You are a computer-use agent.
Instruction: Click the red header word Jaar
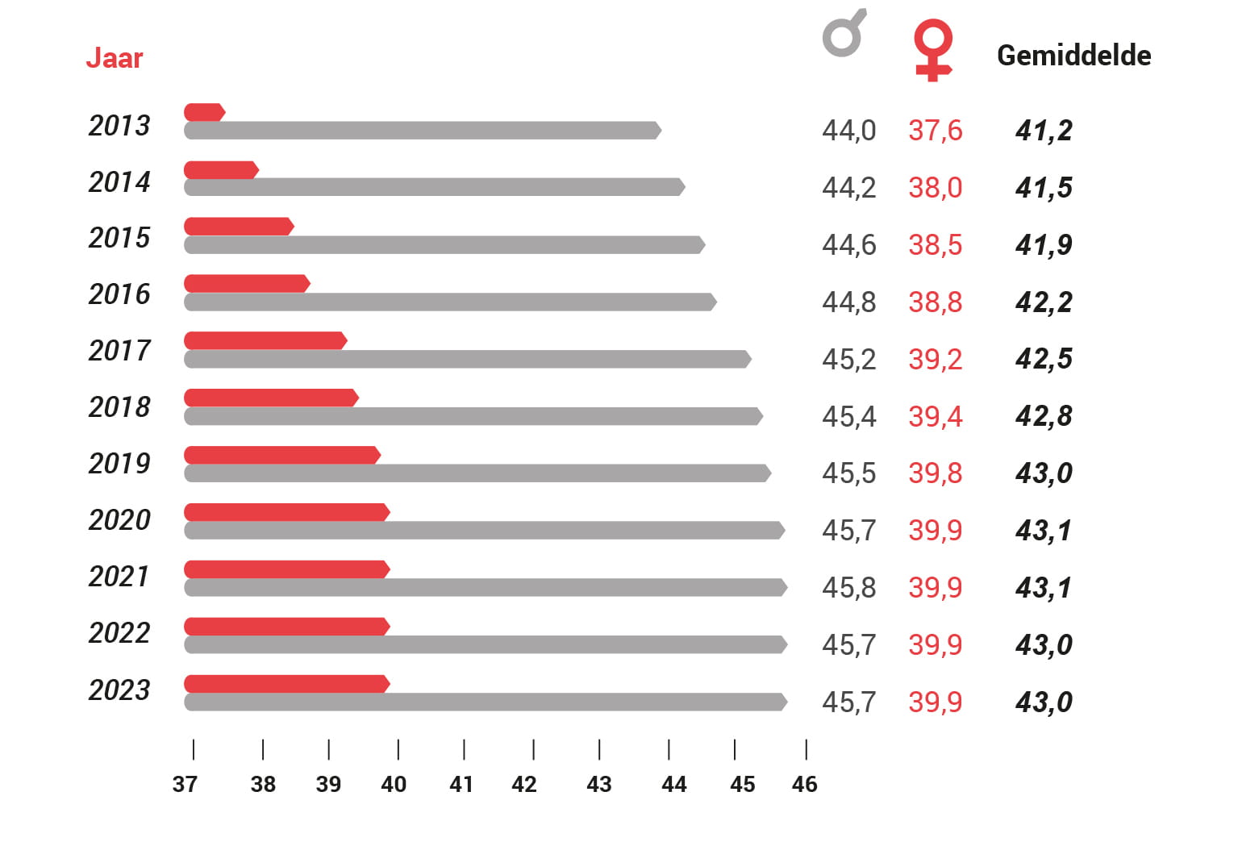114,58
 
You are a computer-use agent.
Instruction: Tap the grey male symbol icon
844,35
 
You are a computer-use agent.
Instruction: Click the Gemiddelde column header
1073,56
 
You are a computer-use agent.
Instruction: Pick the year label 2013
119,126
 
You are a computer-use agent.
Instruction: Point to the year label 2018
119,407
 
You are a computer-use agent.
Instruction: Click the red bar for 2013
204,112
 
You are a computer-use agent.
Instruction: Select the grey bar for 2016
449,302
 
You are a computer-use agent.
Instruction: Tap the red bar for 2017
265,340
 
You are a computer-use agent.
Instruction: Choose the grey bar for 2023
484,702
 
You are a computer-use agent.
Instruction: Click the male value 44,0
848,131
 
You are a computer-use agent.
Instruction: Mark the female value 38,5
935,245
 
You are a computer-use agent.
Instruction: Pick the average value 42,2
1044,302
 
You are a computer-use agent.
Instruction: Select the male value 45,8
848,588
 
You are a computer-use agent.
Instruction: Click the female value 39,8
935,473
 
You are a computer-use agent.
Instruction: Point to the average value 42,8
1044,416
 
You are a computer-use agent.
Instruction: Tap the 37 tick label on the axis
185,784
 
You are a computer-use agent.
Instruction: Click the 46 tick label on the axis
804,784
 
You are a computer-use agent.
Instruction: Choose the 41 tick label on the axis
461,784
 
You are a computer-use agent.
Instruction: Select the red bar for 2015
238,227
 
